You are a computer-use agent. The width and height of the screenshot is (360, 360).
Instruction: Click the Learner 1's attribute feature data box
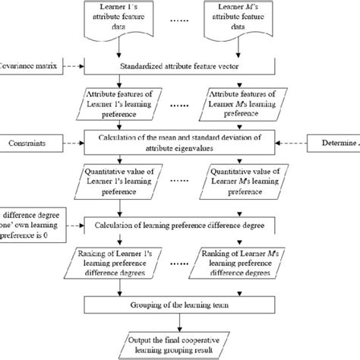123,19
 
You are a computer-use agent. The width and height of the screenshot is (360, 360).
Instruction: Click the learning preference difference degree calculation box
179,226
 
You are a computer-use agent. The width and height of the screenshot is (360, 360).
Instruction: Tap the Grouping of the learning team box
179,305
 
